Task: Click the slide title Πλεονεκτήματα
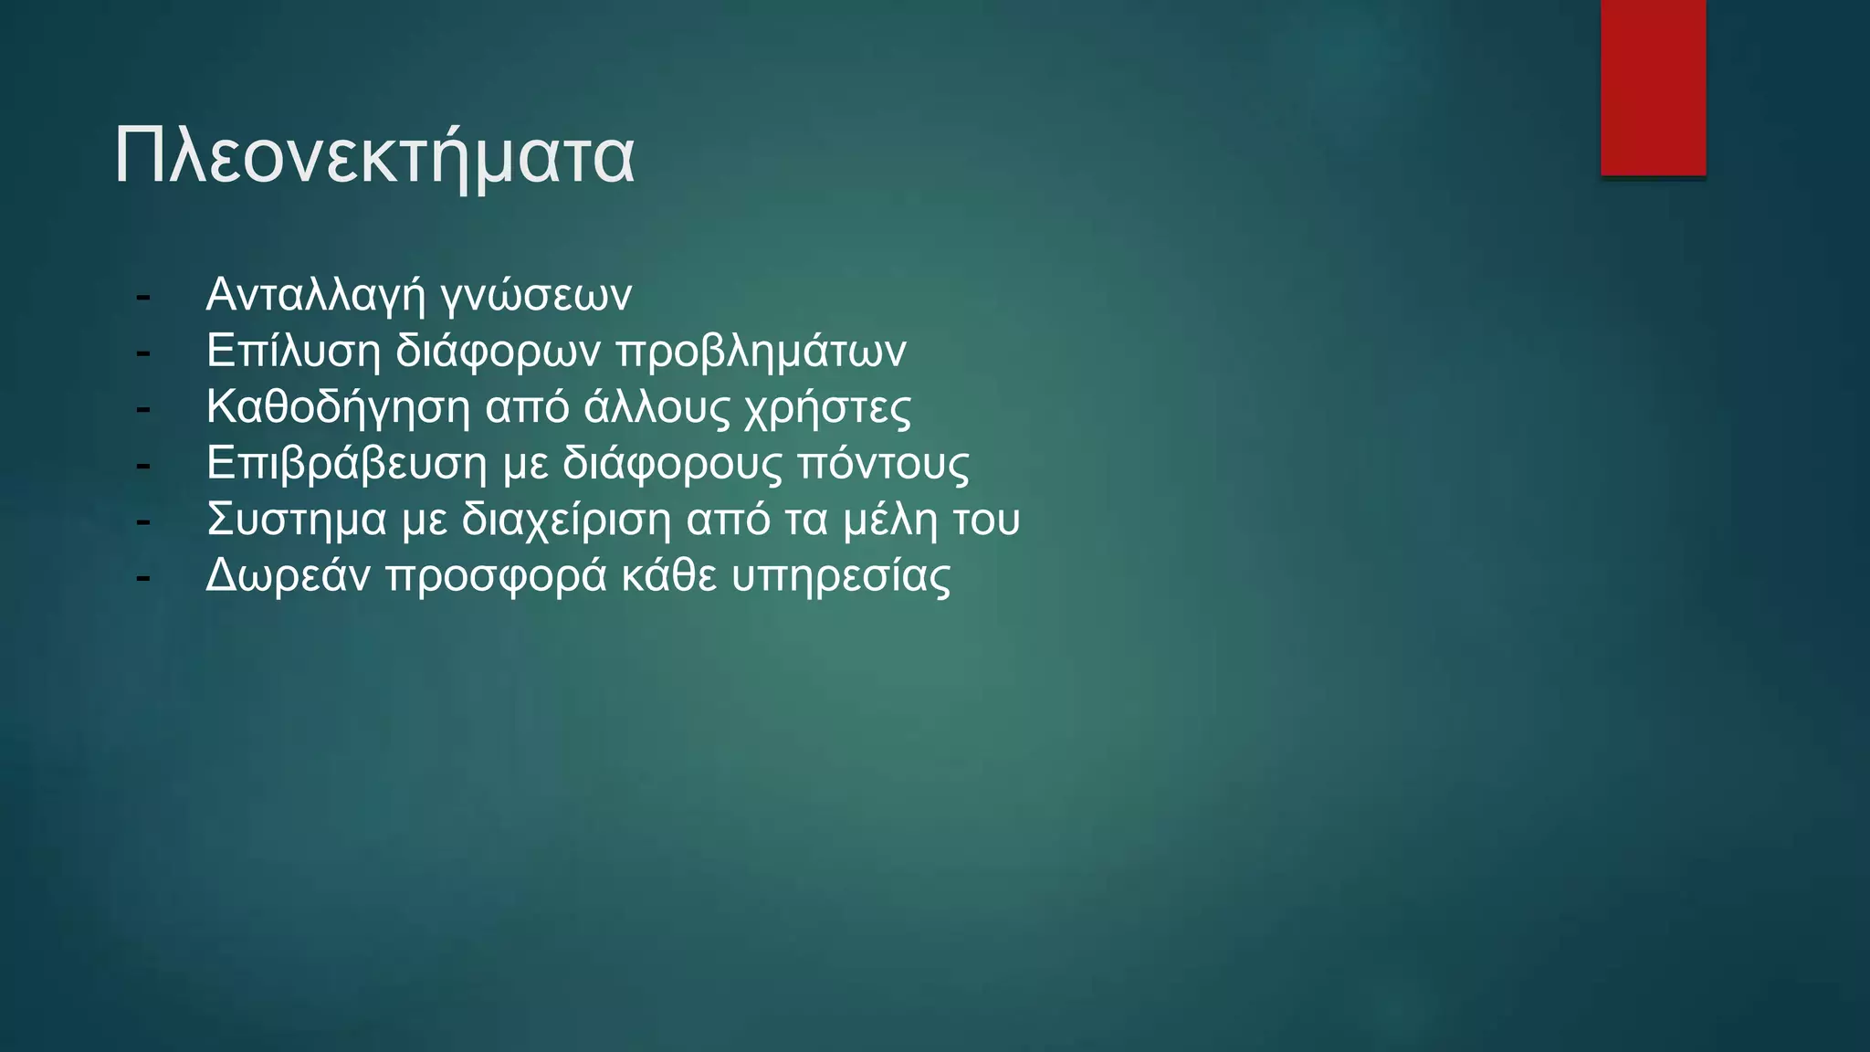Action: pyautogui.click(x=373, y=157)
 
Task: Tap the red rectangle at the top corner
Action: pyautogui.click(x=1653, y=88)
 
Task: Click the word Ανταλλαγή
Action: pyautogui.click(x=316, y=295)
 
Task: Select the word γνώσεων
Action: pyautogui.click(x=536, y=295)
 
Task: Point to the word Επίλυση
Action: pyautogui.click(x=293, y=352)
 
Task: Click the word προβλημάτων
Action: pyautogui.click(x=761, y=352)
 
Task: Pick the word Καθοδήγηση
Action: pyautogui.click(x=338, y=407)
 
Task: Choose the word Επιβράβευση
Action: pyautogui.click(x=347, y=464)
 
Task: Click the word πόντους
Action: pyautogui.click(x=883, y=464)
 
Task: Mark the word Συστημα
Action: pyautogui.click(x=297, y=520)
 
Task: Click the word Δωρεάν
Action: pyautogui.click(x=288, y=576)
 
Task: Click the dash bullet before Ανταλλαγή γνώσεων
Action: pyautogui.click(x=142, y=297)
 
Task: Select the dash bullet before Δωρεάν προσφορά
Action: pyautogui.click(x=142, y=577)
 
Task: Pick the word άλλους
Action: pyautogui.click(x=657, y=408)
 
